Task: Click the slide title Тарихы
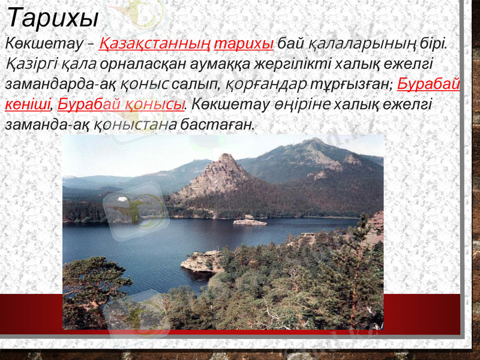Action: pyautogui.click(x=52, y=17)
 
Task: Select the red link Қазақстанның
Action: pyautogui.click(x=155, y=44)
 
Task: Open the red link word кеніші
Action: pyautogui.click(x=26, y=104)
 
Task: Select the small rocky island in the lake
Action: pyautogui.click(x=249, y=221)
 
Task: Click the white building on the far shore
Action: pyautogui.click(x=122, y=198)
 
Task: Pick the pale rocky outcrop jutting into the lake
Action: pyautogui.click(x=201, y=261)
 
